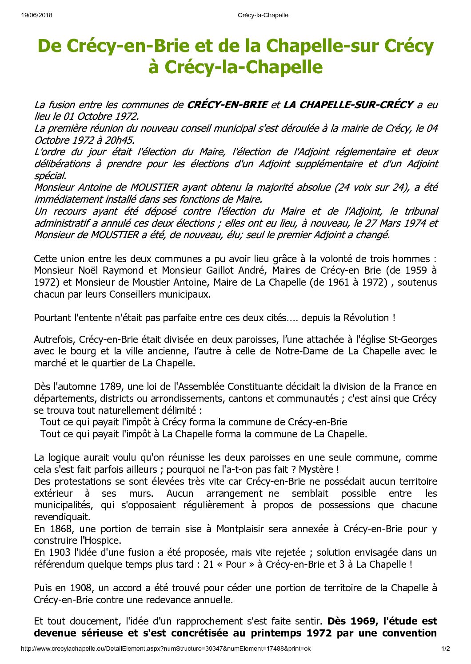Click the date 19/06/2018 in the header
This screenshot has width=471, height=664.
click(36, 15)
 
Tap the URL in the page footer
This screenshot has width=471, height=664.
click(166, 648)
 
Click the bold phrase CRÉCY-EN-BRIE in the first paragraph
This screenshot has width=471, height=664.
click(228, 105)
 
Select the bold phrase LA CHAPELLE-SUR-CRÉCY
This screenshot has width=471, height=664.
click(348, 105)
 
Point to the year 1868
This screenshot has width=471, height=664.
click(61, 529)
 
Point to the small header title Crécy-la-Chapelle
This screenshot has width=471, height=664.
click(263, 15)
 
